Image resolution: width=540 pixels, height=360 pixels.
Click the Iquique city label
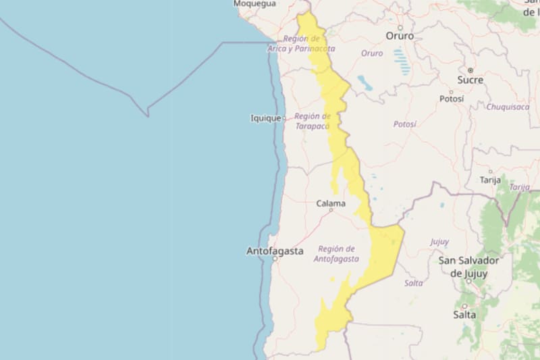tap(265, 118)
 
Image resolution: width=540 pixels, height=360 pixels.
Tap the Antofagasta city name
tap(275, 251)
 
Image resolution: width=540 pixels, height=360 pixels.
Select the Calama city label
tap(331, 203)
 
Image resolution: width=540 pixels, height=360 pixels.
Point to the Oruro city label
tap(400, 36)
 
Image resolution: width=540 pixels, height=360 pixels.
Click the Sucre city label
tap(470, 80)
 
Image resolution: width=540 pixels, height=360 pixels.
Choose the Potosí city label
tap(452, 99)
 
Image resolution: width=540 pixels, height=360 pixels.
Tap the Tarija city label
tap(490, 180)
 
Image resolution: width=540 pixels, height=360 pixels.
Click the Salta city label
tap(464, 315)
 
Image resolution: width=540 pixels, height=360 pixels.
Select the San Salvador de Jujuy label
tap(468, 267)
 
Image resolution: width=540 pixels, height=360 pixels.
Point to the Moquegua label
tap(255, 4)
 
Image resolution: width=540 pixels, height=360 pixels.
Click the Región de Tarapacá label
tap(312, 121)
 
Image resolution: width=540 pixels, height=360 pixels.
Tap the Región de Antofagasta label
tap(337, 253)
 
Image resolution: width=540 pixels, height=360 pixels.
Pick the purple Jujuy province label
tap(439, 242)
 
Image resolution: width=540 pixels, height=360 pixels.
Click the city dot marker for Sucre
tap(470, 70)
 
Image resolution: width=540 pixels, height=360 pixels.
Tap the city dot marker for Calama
tap(331, 210)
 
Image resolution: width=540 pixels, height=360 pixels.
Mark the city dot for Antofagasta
tap(275, 259)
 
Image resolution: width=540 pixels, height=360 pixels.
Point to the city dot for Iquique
tap(284, 118)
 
